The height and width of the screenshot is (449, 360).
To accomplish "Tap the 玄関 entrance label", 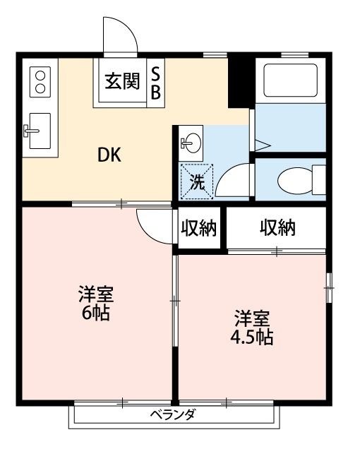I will click(x=122, y=82).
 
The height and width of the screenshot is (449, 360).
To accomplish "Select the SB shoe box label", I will click(x=156, y=83).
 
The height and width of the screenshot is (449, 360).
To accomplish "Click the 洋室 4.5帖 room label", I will click(x=252, y=326).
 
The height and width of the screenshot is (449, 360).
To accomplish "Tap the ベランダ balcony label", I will click(x=172, y=414).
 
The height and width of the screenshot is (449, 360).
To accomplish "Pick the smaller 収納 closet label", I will click(x=199, y=228).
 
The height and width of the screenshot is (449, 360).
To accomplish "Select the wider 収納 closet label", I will click(x=277, y=228).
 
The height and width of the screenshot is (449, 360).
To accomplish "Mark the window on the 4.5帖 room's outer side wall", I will click(x=328, y=289).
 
